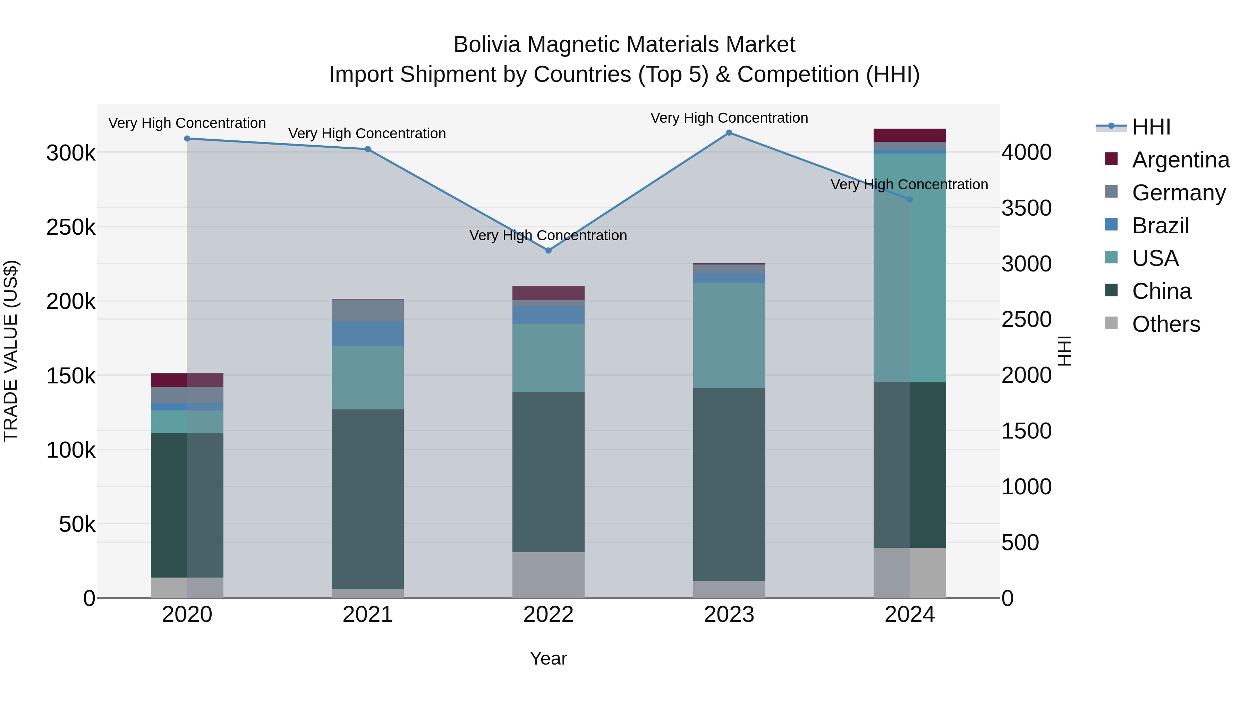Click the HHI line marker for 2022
[x=549, y=251]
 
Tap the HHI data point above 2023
[x=729, y=133]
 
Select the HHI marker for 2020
[x=187, y=139]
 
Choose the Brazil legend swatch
[x=1111, y=225]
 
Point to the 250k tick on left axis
[x=71, y=227]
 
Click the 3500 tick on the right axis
[x=1027, y=208]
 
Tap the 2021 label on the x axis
[x=367, y=615]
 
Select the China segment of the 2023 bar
[x=729, y=485]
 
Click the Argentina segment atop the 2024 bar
[x=910, y=135]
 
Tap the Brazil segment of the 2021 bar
[x=367, y=334]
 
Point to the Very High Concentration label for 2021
[x=367, y=134]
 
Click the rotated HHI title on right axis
[x=1065, y=351]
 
